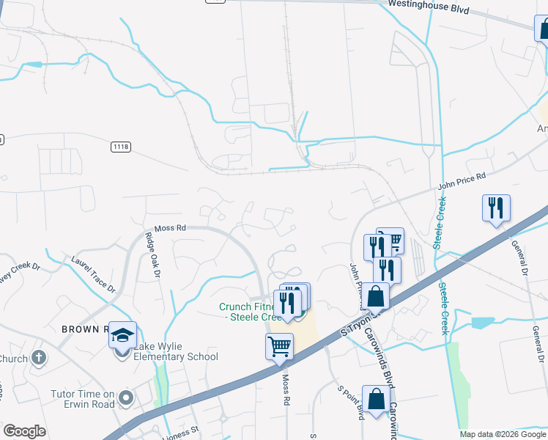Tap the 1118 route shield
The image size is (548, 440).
point(122,147)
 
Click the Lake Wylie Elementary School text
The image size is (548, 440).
point(176,351)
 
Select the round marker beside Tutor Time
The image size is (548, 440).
point(126,399)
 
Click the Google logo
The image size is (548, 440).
point(24,431)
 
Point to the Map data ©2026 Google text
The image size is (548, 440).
point(502,434)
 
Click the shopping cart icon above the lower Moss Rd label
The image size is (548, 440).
point(280,346)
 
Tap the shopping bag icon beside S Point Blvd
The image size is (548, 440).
point(377,400)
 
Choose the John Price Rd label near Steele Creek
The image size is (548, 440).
point(462,181)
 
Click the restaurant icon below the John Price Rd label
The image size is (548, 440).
point(496,208)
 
